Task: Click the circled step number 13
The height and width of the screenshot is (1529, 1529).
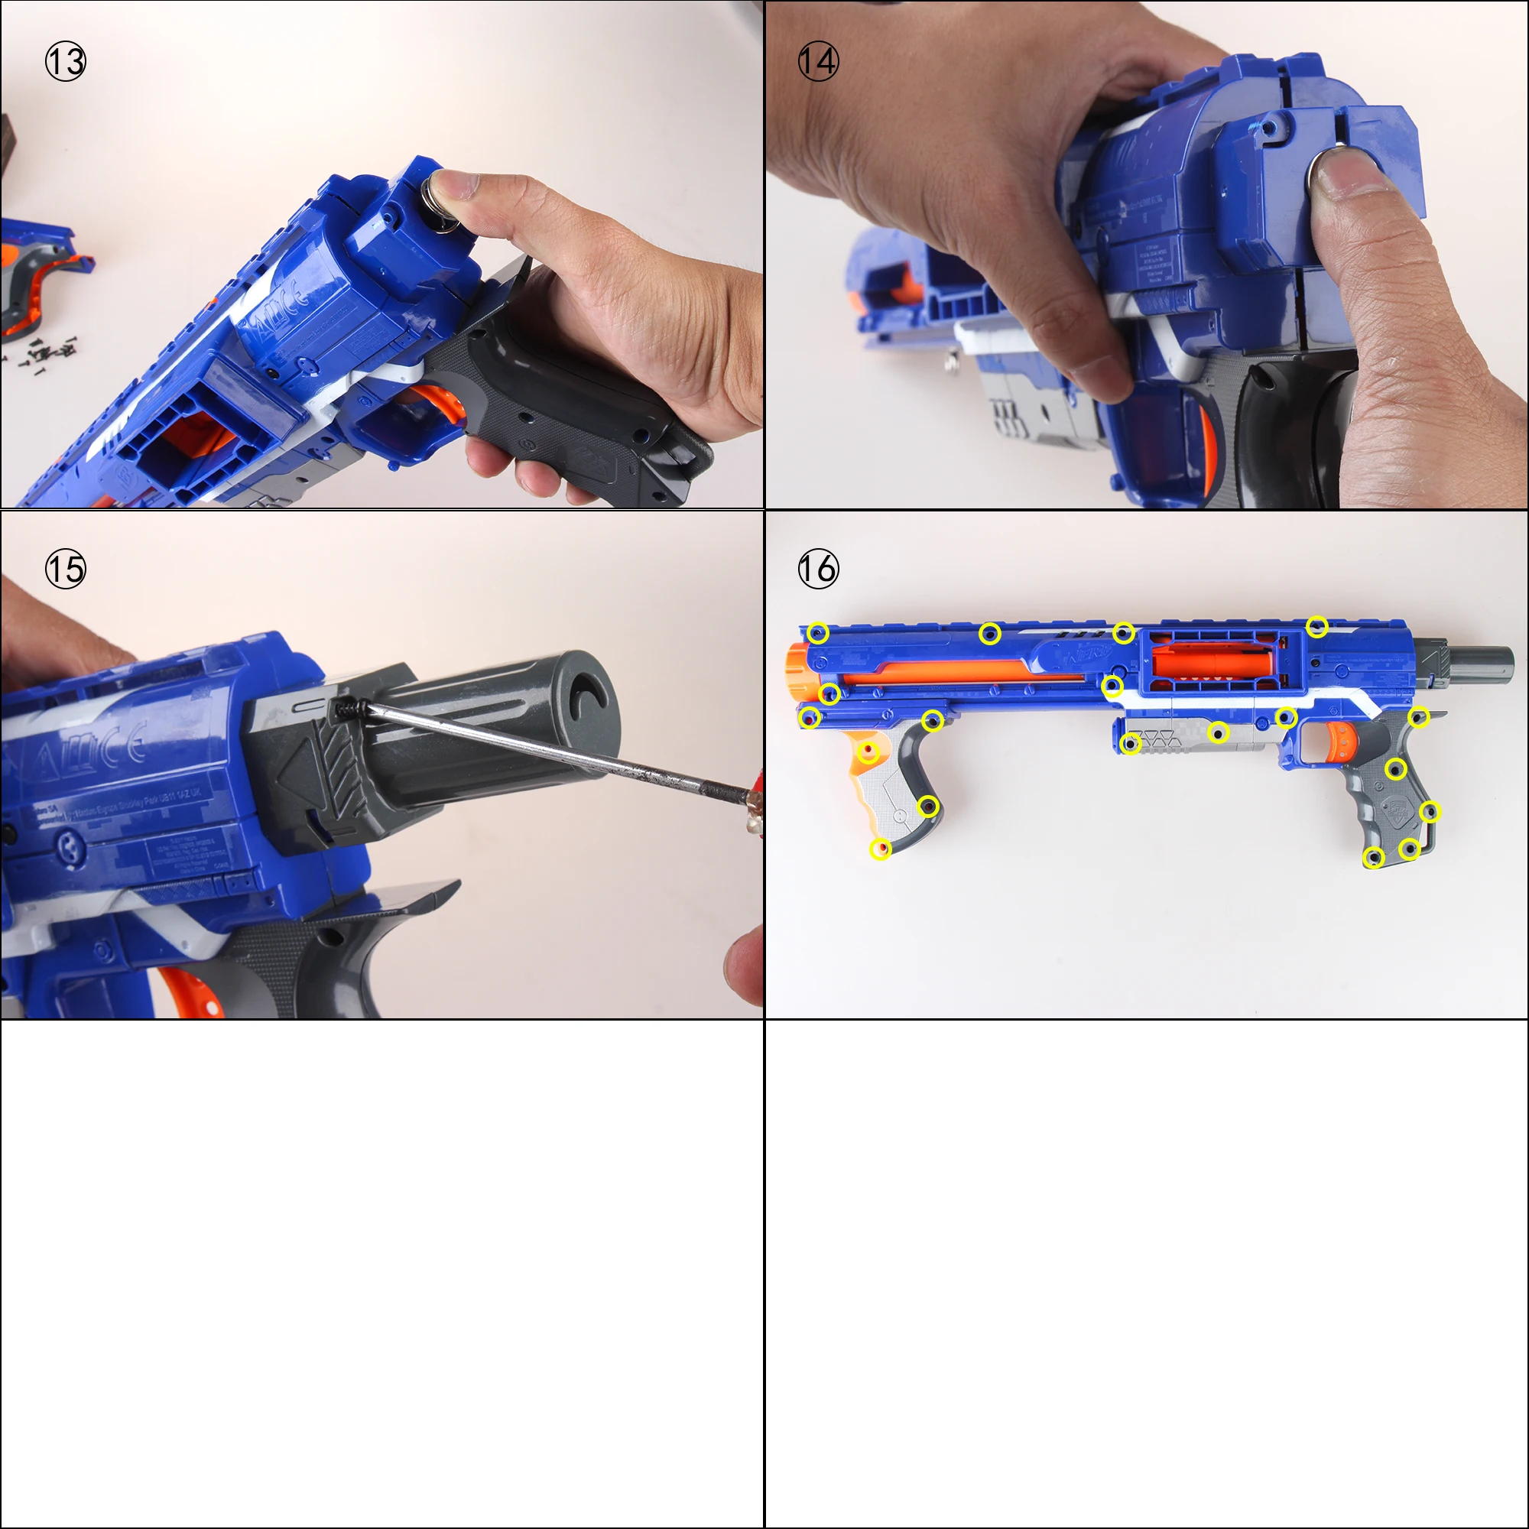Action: click(65, 62)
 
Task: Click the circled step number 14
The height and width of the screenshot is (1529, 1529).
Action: click(817, 62)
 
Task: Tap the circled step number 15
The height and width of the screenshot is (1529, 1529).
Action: click(65, 569)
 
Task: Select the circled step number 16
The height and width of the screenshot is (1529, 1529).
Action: click(817, 569)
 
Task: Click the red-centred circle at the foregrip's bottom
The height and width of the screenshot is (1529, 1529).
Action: click(880, 849)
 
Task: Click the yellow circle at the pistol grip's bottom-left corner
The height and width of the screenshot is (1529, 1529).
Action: click(1375, 857)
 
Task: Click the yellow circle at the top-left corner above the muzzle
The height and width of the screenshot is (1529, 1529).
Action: click(818, 633)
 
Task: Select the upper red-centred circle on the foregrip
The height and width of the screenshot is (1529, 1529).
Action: click(868, 750)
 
